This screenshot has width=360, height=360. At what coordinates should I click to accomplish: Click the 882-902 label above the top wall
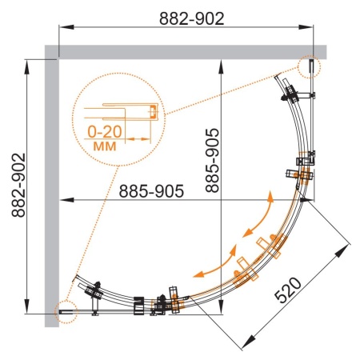click(192, 18)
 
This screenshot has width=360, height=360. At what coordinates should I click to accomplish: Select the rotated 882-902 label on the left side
click(18, 185)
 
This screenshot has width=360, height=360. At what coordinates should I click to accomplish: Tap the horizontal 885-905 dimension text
click(151, 191)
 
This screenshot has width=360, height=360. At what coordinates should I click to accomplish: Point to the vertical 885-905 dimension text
click(212, 161)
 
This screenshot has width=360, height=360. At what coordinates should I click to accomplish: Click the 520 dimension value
click(288, 290)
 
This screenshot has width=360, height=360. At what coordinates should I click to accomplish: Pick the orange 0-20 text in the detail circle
click(105, 132)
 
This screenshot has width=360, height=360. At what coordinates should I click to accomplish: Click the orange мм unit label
click(105, 146)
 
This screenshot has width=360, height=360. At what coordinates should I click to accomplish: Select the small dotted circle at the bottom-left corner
click(66, 312)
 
